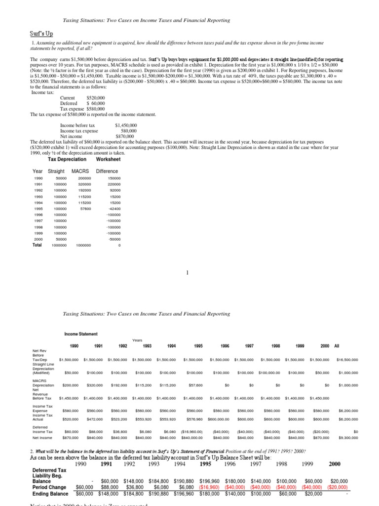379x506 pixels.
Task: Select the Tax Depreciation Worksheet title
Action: [84, 160]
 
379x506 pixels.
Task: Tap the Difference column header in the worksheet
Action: [107, 171]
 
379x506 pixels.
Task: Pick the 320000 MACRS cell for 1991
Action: [84, 184]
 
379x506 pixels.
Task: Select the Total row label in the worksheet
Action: [37, 245]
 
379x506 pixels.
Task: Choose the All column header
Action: [337, 346]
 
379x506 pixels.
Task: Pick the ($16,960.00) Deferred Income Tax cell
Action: [190, 431]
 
